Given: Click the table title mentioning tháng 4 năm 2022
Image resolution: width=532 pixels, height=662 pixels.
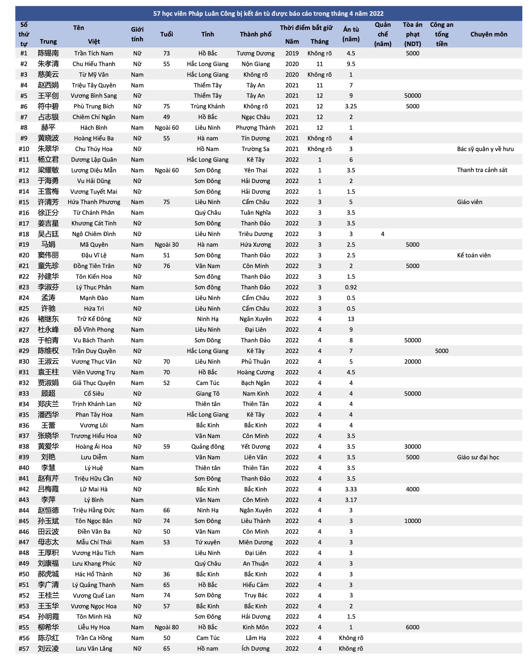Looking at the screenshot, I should [268, 14].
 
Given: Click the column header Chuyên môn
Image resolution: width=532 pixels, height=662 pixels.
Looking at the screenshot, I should [488, 34].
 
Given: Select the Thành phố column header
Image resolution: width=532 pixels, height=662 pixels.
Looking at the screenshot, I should [255, 34].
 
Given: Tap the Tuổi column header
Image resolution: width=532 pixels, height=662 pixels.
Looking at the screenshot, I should [167, 34].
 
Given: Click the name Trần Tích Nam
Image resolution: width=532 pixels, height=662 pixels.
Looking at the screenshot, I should [94, 53].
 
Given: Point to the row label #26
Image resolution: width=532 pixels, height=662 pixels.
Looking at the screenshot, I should [24, 319].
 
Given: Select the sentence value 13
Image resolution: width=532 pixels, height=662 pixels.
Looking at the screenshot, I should [351, 319].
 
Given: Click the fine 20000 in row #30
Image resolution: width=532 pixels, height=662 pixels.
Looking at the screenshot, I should [412, 362].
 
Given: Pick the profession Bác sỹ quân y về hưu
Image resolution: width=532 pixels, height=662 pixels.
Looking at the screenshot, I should [485, 149].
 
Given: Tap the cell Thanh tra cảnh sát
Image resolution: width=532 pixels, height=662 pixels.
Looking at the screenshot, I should [482, 170].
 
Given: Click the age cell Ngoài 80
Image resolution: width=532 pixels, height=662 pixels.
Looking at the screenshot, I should [167, 627].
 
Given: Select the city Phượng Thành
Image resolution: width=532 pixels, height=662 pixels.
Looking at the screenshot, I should [255, 128].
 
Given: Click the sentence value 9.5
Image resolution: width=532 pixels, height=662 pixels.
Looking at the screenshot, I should [351, 64].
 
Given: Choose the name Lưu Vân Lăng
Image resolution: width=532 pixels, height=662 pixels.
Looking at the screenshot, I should [94, 649].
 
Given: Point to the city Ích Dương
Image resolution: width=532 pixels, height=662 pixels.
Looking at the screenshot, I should [255, 649].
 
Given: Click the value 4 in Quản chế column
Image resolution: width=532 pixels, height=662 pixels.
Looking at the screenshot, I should [382, 234].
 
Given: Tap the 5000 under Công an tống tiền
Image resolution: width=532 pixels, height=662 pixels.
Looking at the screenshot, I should [441, 351].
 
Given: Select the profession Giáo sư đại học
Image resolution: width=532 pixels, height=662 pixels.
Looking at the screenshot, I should [478, 457].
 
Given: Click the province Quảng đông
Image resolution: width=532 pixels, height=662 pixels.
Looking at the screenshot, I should [208, 447].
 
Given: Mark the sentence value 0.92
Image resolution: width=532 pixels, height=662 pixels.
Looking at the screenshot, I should [351, 287].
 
